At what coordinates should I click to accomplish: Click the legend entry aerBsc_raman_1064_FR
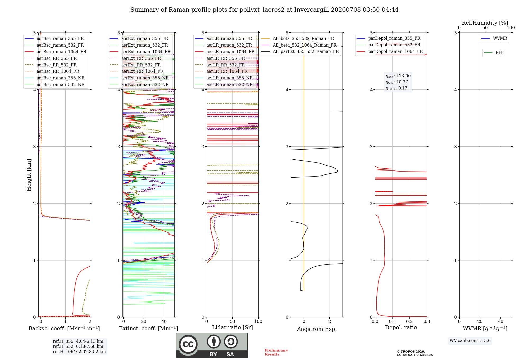click(x=56, y=52)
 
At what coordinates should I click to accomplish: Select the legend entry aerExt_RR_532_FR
click(x=135, y=65)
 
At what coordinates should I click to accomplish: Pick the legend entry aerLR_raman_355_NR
click(x=224, y=78)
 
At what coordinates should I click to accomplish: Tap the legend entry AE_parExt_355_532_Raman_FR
click(x=300, y=51)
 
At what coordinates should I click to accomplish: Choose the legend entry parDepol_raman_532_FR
click(x=388, y=45)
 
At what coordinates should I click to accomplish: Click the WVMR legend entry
click(x=494, y=38)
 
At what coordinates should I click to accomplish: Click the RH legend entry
click(x=493, y=53)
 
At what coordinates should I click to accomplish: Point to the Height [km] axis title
click(x=29, y=175)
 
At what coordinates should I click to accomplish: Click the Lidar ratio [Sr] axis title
click(x=232, y=327)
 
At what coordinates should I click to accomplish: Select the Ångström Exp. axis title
click(x=317, y=329)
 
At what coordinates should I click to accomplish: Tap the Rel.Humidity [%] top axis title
click(x=485, y=23)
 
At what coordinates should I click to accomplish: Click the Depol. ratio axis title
click(x=401, y=327)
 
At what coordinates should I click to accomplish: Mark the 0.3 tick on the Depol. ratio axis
click(x=427, y=321)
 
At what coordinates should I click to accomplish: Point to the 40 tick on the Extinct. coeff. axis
click(x=164, y=321)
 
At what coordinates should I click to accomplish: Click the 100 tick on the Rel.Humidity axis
click(x=511, y=28)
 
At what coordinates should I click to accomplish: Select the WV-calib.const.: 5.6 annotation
click(x=470, y=340)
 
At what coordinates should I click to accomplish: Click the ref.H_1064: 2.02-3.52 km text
click(x=79, y=352)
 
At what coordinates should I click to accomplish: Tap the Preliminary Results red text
click(x=276, y=352)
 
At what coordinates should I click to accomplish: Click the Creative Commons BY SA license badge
click(x=212, y=345)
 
